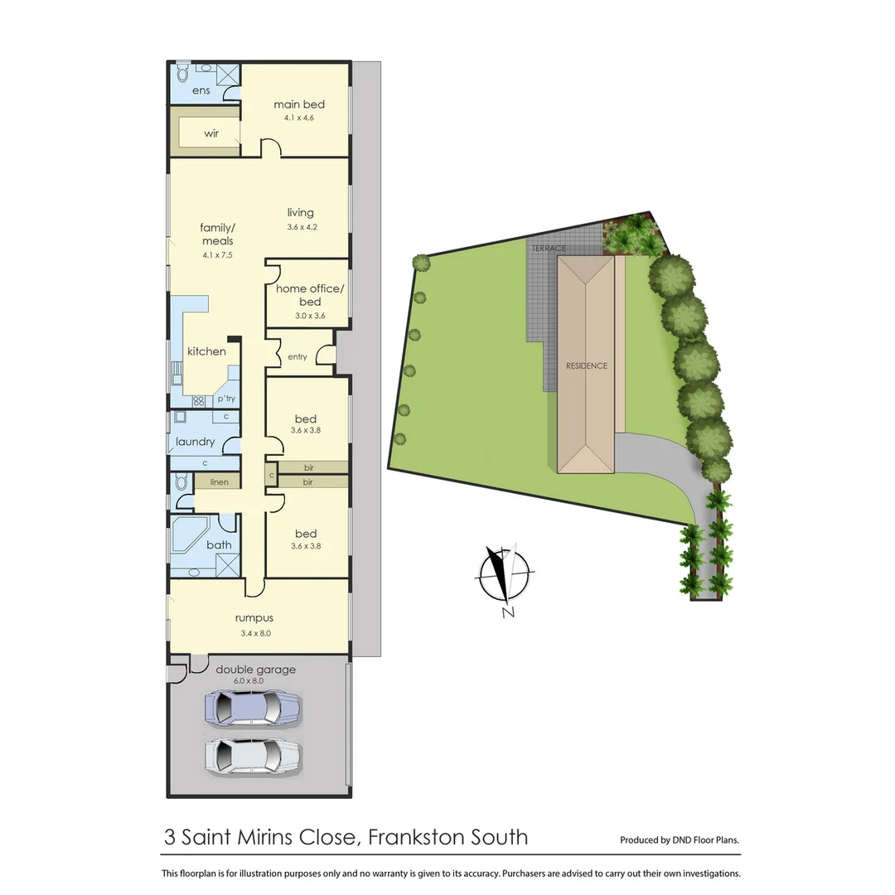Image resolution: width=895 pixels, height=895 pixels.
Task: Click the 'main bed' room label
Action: [x=299, y=104]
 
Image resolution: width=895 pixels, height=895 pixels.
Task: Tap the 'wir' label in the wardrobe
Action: [x=211, y=133]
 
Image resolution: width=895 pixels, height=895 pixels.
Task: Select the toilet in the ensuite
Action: [x=183, y=73]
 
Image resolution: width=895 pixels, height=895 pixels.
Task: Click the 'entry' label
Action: [x=298, y=357]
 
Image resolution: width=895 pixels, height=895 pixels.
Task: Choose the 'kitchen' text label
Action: [x=206, y=351]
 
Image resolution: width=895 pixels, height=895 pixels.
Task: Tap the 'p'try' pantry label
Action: [x=226, y=399]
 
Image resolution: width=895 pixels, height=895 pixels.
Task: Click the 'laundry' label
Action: [x=196, y=442]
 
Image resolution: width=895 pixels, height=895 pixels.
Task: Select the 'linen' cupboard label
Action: [x=219, y=482]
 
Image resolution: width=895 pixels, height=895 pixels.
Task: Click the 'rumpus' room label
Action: [x=254, y=617]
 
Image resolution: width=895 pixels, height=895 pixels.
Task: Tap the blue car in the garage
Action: [x=252, y=709]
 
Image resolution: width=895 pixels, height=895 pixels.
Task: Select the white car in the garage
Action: [x=252, y=756]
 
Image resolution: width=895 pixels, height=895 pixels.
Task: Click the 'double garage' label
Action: [x=255, y=670]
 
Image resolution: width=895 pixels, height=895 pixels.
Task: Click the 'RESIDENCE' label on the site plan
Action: [x=587, y=365]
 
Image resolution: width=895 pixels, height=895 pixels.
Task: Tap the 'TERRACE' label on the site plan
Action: [x=549, y=249]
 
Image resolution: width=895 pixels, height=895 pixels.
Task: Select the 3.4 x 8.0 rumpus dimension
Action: [x=254, y=633]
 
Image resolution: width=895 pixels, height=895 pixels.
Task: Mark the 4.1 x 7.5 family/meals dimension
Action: [x=217, y=255]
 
